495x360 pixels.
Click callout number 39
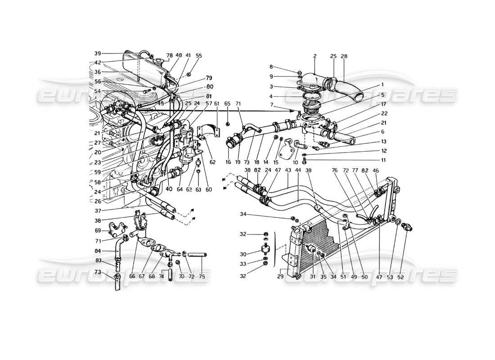click(98, 54)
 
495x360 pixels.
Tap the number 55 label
click(199, 56)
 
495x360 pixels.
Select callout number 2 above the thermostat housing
click(315, 56)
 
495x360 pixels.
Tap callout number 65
click(227, 103)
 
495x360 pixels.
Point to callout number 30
click(255, 253)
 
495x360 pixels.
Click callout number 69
click(99, 230)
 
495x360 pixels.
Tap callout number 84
click(98, 252)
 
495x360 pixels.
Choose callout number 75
click(202, 277)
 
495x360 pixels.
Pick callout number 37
click(98, 210)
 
